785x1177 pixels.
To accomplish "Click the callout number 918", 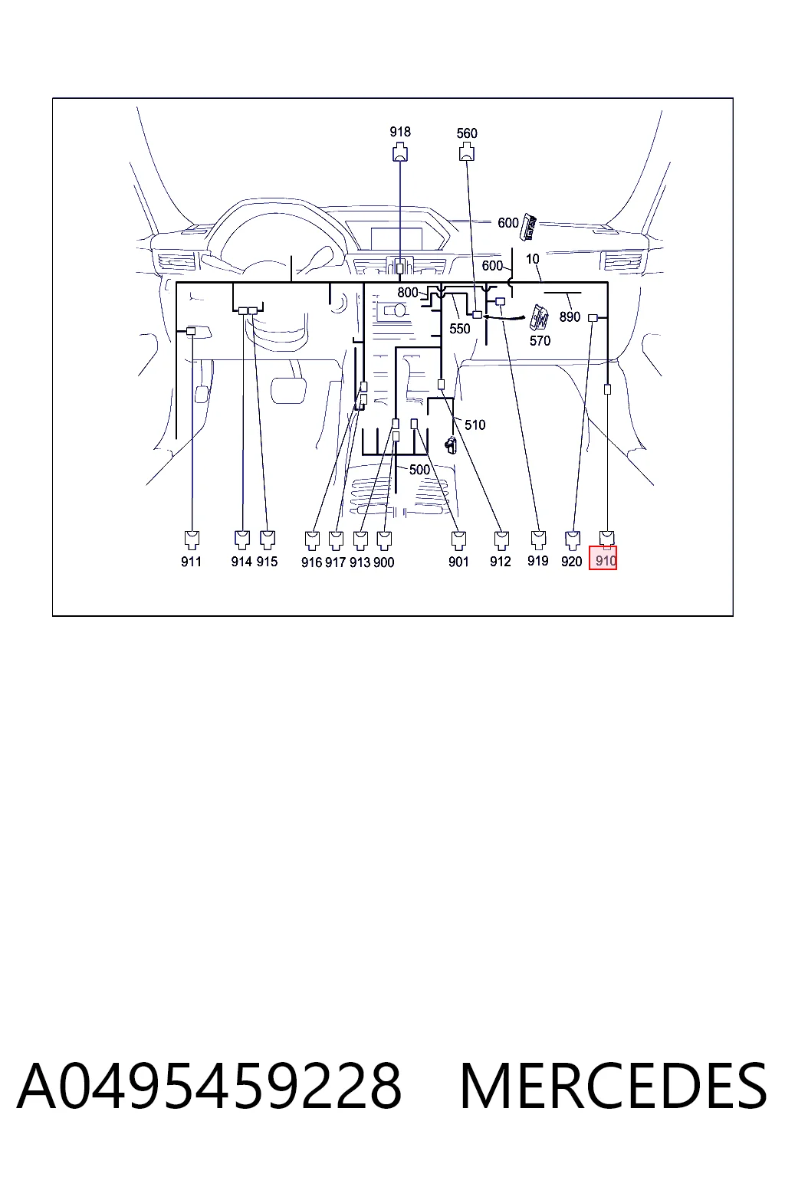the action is pyautogui.click(x=400, y=132).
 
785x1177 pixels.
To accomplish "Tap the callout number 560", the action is pyautogui.click(x=467, y=133).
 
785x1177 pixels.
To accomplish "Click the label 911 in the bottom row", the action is pyautogui.click(x=191, y=562).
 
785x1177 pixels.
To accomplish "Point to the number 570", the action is pyautogui.click(x=540, y=341).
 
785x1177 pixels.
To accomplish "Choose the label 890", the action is pyautogui.click(x=570, y=316).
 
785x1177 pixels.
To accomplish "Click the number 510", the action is pyautogui.click(x=475, y=425).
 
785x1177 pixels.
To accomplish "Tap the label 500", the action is pyautogui.click(x=419, y=470).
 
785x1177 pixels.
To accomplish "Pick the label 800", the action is pyautogui.click(x=408, y=293).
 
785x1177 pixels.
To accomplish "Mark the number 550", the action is pyautogui.click(x=459, y=329).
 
